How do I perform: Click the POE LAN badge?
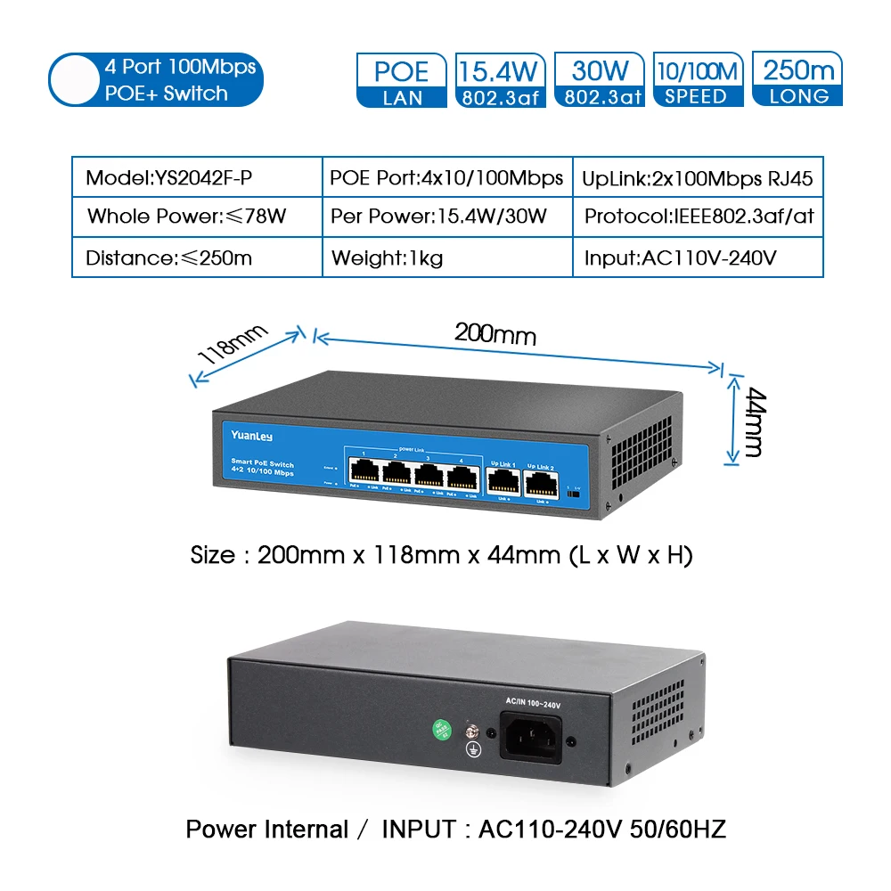[x=401, y=80]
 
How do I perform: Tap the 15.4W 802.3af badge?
[x=501, y=80]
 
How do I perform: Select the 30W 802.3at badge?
[x=601, y=80]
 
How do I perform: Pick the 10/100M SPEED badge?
[x=697, y=80]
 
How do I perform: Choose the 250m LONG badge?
[x=797, y=80]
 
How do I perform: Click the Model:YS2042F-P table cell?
[x=197, y=177]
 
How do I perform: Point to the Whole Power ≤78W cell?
[x=197, y=217]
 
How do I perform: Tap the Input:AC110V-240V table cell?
[x=698, y=258]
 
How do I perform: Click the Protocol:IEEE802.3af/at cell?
[x=698, y=217]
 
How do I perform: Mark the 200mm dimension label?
[x=495, y=333]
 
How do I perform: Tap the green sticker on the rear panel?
[x=439, y=728]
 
